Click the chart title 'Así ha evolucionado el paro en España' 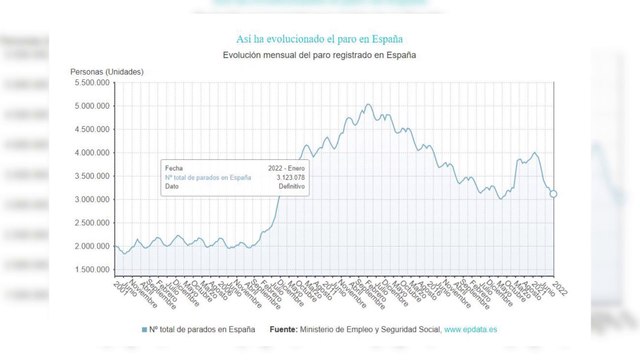point(319,37)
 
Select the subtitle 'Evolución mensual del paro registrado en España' point(319,56)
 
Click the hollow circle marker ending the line point(553,194)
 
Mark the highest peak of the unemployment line point(368,104)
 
